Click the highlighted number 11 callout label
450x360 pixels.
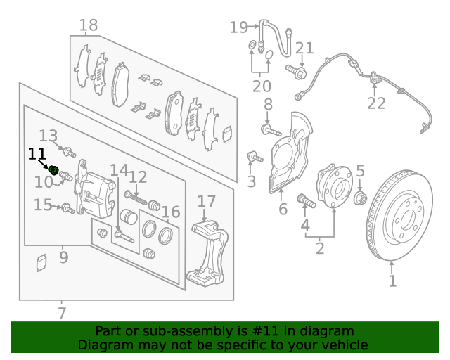[37, 154]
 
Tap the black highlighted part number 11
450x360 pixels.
[53, 169]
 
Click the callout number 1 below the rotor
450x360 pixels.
[392, 281]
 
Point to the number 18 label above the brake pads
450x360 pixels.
[89, 27]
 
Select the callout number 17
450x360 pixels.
[205, 202]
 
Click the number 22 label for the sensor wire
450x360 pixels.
[376, 103]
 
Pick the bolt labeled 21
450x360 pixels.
[297, 71]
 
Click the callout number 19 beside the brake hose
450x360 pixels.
[239, 27]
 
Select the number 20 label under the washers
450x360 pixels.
[262, 86]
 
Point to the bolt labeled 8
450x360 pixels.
[271, 130]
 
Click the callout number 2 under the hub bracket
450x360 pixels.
[319, 247]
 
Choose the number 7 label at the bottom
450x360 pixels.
[62, 312]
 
